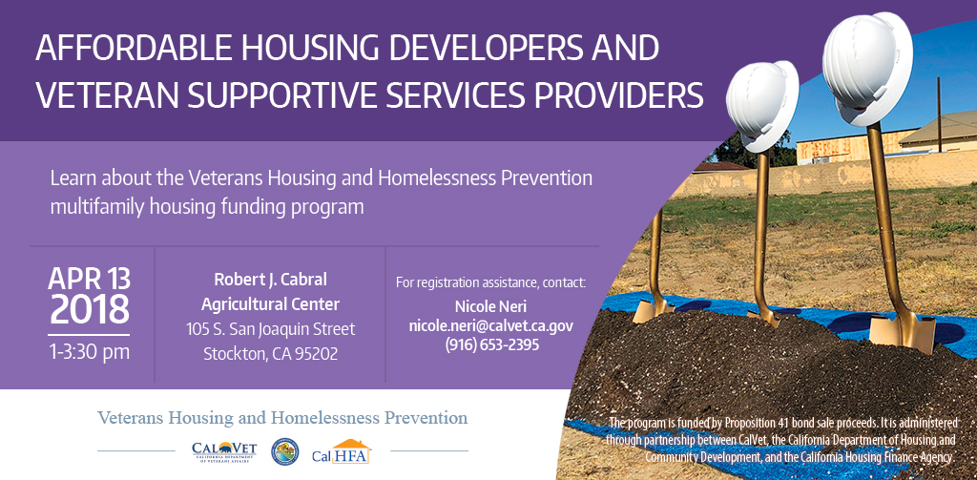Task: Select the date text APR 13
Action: (89, 279)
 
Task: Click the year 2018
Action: (89, 310)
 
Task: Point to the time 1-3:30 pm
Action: (89, 352)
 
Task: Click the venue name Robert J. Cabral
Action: (270, 280)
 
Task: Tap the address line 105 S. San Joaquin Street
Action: (270, 329)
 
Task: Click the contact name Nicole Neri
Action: (491, 307)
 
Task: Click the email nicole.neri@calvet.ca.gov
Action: (491, 326)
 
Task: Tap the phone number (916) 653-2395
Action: (491, 344)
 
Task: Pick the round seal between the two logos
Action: (284, 452)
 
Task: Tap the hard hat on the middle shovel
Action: (761, 105)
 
